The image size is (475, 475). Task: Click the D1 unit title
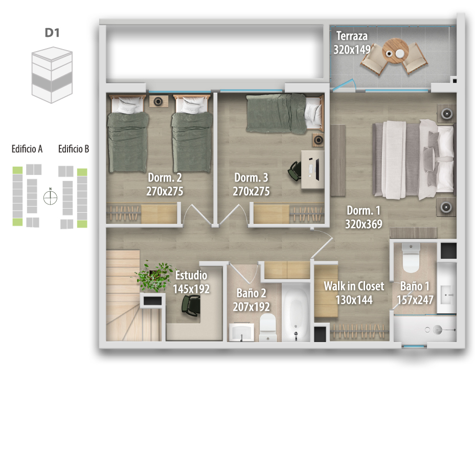coord(52,32)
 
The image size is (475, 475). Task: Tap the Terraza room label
coord(352,36)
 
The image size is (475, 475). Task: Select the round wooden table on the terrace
coord(395,51)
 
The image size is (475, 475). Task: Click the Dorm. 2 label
coord(165,177)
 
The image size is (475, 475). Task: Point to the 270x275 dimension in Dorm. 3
coord(251,191)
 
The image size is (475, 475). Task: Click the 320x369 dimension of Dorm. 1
coord(364,224)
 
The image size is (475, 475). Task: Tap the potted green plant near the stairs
coord(154,276)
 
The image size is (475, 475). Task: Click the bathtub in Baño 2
coord(296,312)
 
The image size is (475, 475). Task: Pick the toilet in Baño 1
coord(411,258)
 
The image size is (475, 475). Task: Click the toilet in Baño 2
coord(268,327)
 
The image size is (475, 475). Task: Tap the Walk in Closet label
coord(354,286)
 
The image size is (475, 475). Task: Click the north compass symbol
coord(50,197)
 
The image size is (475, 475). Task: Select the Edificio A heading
coord(27,149)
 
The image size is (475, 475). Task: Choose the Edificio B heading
coord(74,149)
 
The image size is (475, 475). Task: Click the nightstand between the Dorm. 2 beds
coord(159,101)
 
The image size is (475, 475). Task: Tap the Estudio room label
coord(191,275)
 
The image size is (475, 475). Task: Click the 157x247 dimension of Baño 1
coord(415,300)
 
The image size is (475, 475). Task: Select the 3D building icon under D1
coord(52,75)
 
